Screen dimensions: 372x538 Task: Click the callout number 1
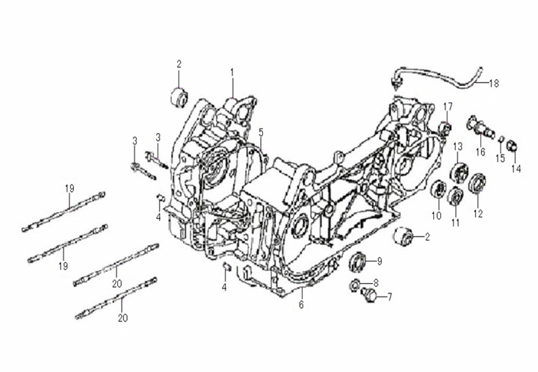point(232,72)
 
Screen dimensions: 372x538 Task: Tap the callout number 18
point(492,83)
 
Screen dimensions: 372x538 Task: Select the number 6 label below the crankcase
point(302,304)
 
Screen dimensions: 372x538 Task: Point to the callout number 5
point(262,132)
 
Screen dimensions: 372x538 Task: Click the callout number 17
point(448,105)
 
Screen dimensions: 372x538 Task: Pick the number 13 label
point(457,146)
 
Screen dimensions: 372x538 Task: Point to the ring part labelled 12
point(477,184)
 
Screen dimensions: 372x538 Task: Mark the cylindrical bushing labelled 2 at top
point(179,97)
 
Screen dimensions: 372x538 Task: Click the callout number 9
point(380,261)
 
